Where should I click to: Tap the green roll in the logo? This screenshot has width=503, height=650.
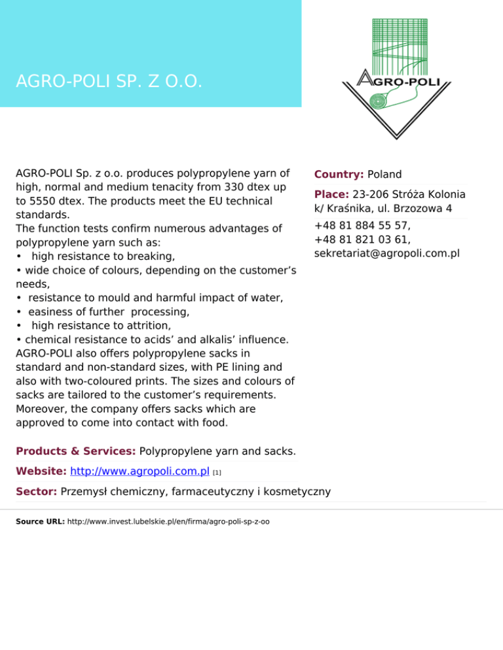(379, 101)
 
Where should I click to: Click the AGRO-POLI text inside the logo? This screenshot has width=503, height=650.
(397, 81)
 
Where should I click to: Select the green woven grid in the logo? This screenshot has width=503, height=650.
(399, 43)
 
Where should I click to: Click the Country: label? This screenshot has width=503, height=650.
(339, 175)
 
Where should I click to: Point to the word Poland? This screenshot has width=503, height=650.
(384, 175)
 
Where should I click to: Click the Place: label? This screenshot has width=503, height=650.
(331, 194)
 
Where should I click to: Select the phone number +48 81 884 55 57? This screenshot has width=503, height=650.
(362, 226)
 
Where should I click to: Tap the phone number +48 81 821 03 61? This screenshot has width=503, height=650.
(362, 239)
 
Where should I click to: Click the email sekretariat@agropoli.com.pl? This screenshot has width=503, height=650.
(386, 252)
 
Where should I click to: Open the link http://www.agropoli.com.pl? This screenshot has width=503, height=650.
(140, 471)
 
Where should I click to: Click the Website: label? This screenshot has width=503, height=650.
(41, 471)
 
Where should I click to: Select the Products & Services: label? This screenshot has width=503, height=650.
(76, 451)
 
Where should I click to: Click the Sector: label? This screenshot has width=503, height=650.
(37, 491)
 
